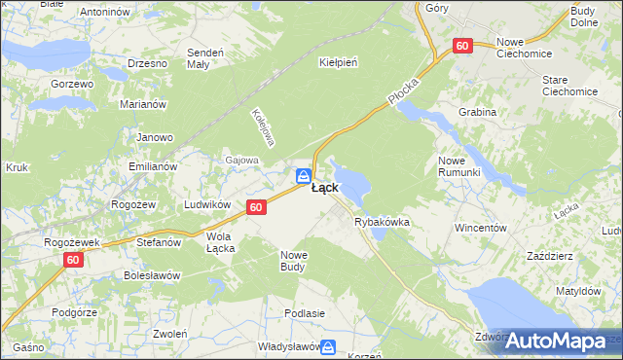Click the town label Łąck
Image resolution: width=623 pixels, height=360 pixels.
pos(325,188)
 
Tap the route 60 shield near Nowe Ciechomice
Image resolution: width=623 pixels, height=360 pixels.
pos(462,46)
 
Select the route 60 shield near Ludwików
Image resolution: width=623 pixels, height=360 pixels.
pos(256,207)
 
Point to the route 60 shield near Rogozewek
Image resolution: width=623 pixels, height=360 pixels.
pos(75,260)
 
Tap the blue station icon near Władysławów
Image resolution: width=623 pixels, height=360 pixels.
pos(328,346)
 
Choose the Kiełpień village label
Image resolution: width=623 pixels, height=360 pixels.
pos(339,62)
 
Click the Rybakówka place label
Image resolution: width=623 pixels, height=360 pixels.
pos(382,222)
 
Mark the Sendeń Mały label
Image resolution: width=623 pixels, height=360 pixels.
pos(206,57)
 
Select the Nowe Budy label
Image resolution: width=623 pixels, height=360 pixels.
pos(293,260)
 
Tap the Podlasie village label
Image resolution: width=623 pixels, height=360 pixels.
pos(304,313)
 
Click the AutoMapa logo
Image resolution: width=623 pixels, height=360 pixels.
pos(556,341)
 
